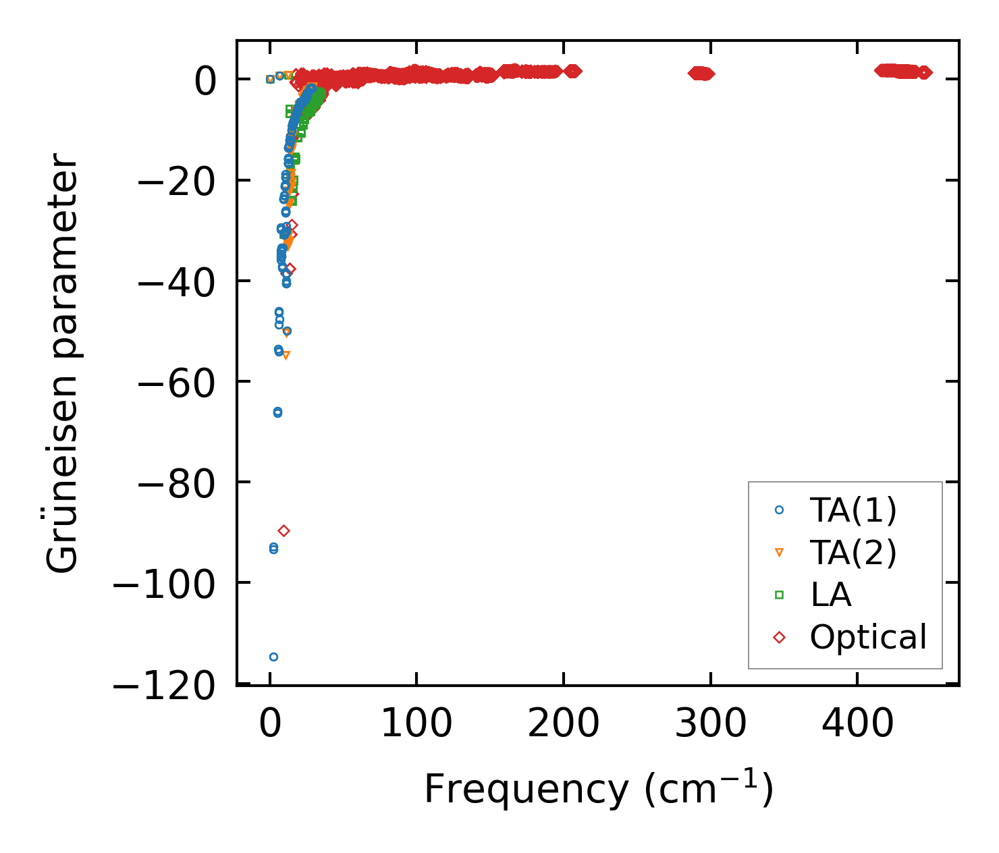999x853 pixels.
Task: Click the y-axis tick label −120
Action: point(165,687)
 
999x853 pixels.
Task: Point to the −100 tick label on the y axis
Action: point(165,582)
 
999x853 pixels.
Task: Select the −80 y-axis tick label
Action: point(177,482)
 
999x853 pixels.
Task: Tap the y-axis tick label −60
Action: point(177,381)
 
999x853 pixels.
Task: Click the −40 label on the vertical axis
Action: point(177,281)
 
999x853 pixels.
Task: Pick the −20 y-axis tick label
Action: point(177,180)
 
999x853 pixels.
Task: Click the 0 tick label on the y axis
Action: point(205,80)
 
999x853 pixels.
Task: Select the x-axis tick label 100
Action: point(416,724)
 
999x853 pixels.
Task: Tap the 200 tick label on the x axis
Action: point(563,724)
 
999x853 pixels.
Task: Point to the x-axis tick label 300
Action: point(710,724)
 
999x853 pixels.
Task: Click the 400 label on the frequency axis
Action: point(857,724)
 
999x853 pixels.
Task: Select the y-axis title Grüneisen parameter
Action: point(63,364)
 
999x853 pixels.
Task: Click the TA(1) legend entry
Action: point(853,510)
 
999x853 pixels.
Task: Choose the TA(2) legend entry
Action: point(853,553)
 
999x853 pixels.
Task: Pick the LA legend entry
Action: point(830,595)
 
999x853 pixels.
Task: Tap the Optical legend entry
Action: point(868,637)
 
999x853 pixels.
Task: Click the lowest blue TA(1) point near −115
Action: point(273,657)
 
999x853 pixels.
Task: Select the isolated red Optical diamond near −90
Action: point(283,531)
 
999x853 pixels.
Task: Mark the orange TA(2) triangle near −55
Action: point(286,355)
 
